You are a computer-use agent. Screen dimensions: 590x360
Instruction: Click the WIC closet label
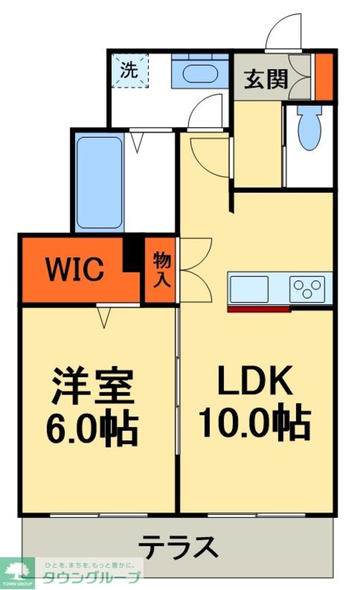coord(76,270)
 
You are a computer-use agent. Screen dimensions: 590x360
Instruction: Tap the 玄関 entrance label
coord(265,78)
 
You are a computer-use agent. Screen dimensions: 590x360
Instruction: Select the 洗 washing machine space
coord(129,71)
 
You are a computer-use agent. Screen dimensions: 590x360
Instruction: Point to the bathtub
coord(99,180)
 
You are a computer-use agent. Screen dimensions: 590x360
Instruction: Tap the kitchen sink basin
coord(249,289)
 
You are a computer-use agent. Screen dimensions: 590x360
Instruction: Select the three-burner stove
coord(308,289)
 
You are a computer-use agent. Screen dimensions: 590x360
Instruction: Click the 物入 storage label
coord(161,270)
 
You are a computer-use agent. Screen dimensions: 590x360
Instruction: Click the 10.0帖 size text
coord(254,422)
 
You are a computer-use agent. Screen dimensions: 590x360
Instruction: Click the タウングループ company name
coord(91,577)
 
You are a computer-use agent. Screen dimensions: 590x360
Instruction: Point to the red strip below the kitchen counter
coord(259,309)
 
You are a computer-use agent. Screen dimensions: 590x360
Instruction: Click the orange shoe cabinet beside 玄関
coord(324,77)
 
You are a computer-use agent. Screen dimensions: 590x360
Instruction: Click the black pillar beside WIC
coord(132,254)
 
